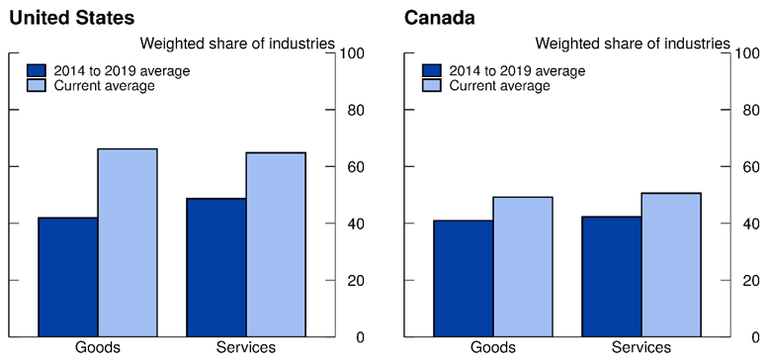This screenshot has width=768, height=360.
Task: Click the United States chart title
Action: point(71,18)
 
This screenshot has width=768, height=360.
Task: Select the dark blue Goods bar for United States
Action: point(68,277)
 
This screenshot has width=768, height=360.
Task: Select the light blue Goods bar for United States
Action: point(128,242)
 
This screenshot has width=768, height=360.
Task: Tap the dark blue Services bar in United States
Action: point(216,267)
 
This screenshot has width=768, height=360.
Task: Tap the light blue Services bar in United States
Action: point(276,244)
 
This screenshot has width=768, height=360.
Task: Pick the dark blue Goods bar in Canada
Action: point(464,278)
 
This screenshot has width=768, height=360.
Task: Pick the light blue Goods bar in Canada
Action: point(523,267)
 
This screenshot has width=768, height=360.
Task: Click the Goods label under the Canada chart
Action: point(492,347)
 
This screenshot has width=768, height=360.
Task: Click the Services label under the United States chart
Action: point(246,347)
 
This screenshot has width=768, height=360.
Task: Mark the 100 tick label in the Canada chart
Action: point(749,53)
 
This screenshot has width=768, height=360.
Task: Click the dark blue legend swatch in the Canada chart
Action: point(432,71)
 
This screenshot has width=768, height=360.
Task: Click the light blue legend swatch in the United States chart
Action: point(37,86)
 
